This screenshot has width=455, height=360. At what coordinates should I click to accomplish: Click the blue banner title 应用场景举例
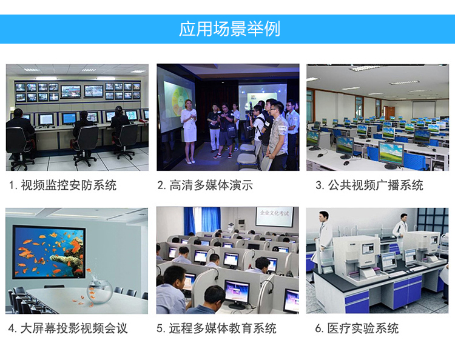[x=229, y=29]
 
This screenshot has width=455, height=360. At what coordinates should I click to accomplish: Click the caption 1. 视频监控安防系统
[x=62, y=185]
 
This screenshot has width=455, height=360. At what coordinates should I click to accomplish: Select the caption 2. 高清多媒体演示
[x=205, y=185]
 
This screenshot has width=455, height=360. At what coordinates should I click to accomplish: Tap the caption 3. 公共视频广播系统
[x=369, y=185]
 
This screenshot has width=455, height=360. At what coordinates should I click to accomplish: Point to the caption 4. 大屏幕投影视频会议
[x=68, y=328]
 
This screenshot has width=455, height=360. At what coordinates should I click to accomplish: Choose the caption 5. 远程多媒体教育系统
[x=217, y=328]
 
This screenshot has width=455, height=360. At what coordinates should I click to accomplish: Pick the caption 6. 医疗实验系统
[x=357, y=328]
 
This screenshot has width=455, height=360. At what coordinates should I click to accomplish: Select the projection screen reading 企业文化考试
[x=274, y=216]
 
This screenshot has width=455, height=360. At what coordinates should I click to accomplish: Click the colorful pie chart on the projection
[x=180, y=104]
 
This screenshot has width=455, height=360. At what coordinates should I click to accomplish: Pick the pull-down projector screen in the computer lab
[x=424, y=109]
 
